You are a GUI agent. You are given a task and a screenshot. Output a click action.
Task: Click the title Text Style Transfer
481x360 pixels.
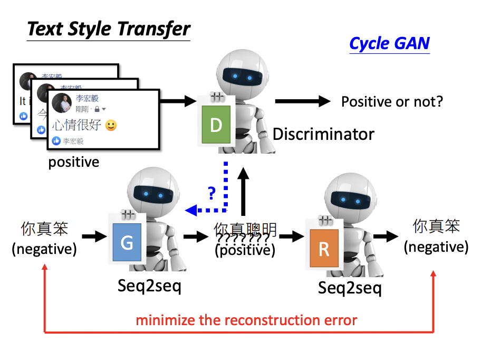108,29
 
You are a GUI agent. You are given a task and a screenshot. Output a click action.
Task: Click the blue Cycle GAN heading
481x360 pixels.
389,43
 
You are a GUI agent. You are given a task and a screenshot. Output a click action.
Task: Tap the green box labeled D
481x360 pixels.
216,125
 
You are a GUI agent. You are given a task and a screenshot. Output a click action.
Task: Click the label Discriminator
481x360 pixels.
323,134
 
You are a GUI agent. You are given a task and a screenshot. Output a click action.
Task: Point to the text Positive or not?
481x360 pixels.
392,101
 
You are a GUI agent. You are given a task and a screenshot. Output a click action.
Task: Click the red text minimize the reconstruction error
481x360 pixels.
247,320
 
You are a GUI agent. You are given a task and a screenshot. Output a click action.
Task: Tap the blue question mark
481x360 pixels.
212,193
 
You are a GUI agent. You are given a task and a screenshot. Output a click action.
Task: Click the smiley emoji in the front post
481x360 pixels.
111,126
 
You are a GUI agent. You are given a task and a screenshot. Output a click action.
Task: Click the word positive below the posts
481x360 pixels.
74,162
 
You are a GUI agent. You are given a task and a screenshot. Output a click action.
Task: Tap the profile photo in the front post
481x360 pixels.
62,103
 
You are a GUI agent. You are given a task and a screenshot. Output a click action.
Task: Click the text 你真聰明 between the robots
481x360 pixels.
245,230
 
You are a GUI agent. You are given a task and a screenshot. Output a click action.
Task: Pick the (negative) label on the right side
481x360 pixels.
436,247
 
